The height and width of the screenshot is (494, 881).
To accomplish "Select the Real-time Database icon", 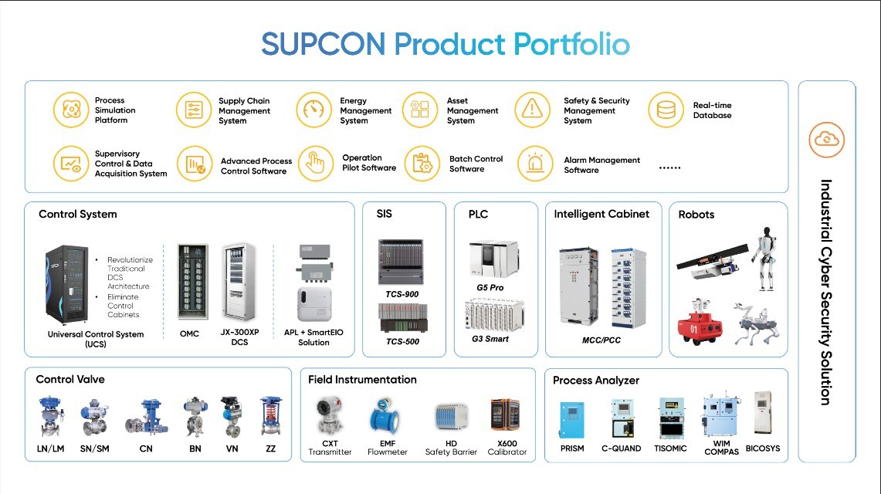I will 666,110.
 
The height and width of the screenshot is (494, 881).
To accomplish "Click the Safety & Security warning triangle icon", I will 531,110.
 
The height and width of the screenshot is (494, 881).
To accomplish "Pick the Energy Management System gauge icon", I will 313,110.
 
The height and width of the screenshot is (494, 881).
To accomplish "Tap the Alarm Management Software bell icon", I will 534,164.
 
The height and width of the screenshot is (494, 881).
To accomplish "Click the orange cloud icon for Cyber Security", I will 826,140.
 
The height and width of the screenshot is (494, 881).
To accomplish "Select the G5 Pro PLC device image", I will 493,259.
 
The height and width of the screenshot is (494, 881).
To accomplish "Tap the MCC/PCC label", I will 601,340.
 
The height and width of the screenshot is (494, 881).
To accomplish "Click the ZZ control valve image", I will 270,417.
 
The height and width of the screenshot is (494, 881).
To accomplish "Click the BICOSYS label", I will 763,448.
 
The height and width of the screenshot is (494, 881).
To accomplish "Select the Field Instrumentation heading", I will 362,380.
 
